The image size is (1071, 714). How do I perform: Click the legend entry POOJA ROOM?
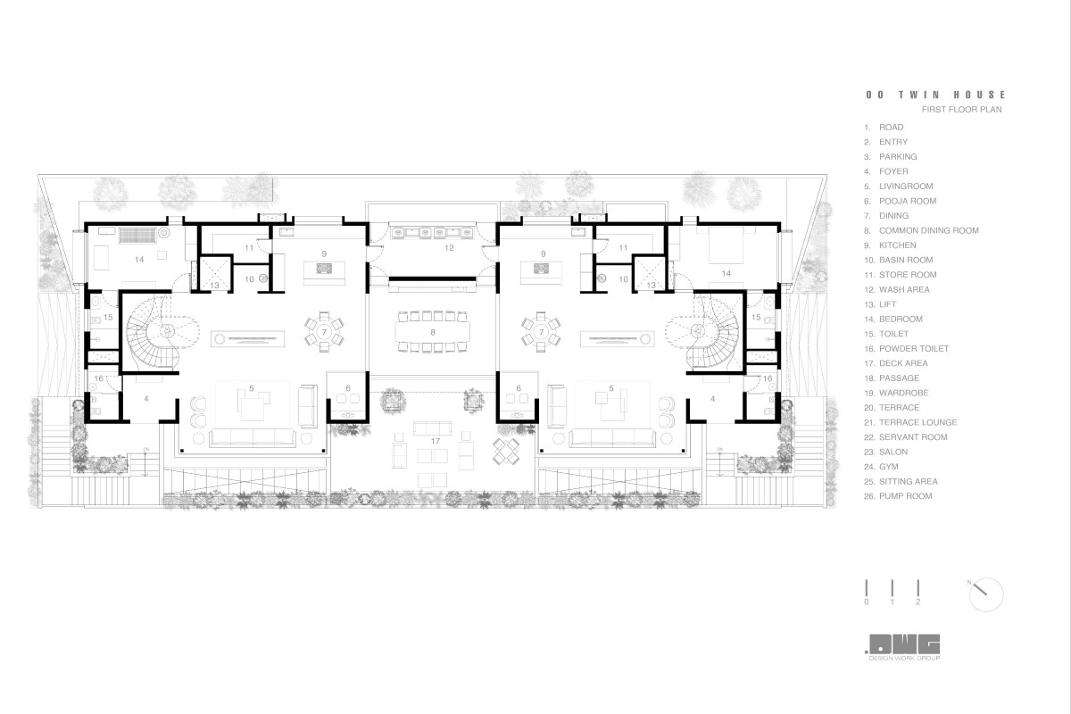coord(908,201)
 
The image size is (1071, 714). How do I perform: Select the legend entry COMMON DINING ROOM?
coord(928,230)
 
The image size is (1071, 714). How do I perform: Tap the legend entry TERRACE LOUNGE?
coord(918,422)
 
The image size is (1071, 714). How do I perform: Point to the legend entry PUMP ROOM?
coord(906,496)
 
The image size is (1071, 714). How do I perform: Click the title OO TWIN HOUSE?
coord(935,95)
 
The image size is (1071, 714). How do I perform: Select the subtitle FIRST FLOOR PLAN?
coord(961,110)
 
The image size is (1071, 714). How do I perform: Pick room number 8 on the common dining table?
coord(433,332)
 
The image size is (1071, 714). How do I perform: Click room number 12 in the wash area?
coord(449,248)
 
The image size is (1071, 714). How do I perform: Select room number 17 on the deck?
coord(436,441)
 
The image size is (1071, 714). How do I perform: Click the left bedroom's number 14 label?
coord(139,260)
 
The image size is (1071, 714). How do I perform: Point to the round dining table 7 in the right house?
coord(541,331)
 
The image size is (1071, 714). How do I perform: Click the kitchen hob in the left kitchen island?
coord(324,269)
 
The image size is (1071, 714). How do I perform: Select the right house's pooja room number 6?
coord(519,388)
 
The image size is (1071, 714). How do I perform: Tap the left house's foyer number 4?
coord(146,398)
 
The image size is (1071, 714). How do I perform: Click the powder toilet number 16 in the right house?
coord(768,378)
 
